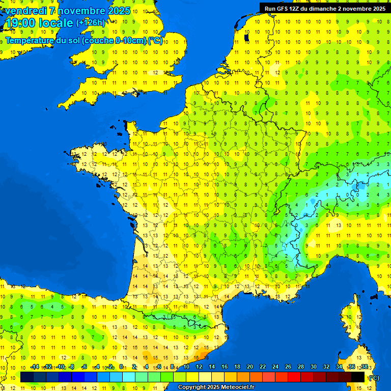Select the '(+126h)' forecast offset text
click(x=91, y=23)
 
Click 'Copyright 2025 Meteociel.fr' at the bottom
click(x=216, y=387)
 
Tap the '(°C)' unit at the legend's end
click(x=373, y=377)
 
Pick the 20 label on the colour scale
click(x=250, y=367)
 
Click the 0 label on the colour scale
click(x=121, y=367)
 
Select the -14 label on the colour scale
click(x=35, y=367)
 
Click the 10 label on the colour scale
click(x=186, y=367)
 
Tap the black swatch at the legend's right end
click(x=358, y=377)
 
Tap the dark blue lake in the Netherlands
click(x=247, y=38)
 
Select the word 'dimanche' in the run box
click(x=333, y=8)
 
